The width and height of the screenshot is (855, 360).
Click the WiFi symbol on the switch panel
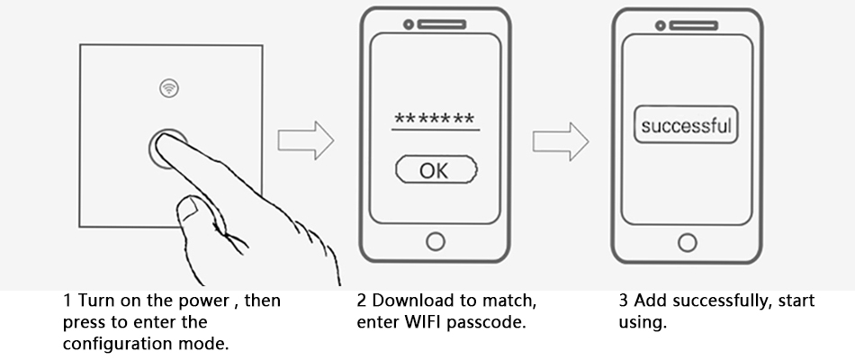tap(167, 87)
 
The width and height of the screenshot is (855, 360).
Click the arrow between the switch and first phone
tap(305, 141)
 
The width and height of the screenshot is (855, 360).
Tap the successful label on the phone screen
tap(687, 125)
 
